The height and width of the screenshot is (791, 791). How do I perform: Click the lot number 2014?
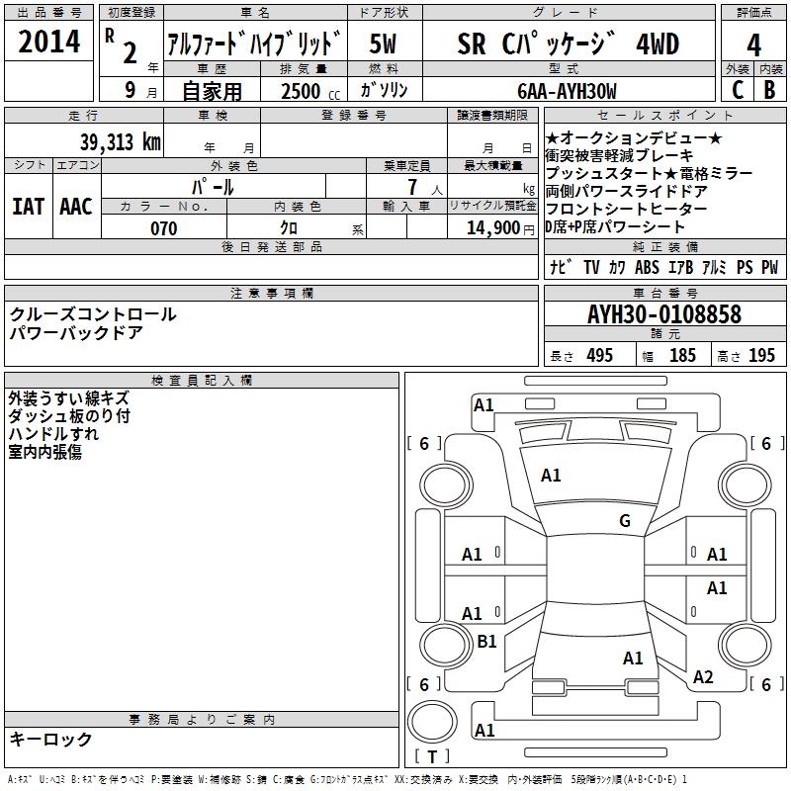48,43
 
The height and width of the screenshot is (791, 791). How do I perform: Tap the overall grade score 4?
754,44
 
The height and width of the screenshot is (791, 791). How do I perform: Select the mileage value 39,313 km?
121,141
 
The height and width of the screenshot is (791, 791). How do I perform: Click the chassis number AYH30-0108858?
663,314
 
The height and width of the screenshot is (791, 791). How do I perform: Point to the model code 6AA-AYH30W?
567,91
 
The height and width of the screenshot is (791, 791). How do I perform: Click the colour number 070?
163,228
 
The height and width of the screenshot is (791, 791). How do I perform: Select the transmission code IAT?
29,206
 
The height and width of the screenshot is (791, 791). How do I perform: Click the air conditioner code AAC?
76,206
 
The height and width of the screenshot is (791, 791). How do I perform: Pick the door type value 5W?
385,44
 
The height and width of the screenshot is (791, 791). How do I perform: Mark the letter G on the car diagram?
624,521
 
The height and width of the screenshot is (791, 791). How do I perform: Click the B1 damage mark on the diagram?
486,642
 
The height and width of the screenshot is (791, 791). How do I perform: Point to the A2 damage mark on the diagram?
703,677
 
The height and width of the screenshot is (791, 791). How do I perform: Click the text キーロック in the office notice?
50,740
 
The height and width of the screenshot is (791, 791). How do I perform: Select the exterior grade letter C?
737,90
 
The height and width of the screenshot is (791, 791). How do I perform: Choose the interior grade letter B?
770,90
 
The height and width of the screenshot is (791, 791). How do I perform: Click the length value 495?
599,356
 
